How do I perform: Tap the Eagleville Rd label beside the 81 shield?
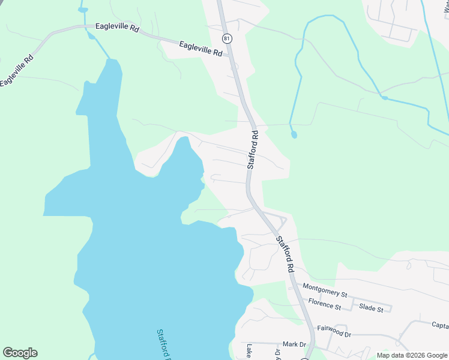tap(200, 48)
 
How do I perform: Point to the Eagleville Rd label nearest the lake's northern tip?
tap(118, 27)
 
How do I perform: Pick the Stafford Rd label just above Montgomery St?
tap(285, 253)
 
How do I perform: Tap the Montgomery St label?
tap(325, 291)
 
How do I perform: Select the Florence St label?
tap(324, 305)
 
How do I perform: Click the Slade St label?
tap(371, 308)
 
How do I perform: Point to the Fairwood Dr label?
tap(334, 329)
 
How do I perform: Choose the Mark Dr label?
tap(294, 344)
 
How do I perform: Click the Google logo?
tap(20, 353)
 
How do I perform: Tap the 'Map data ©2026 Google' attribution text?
tap(412, 355)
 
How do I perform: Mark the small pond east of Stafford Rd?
tap(294, 134)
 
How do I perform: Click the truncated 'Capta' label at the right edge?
tap(439, 325)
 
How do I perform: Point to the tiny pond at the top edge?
tap(83, 10)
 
